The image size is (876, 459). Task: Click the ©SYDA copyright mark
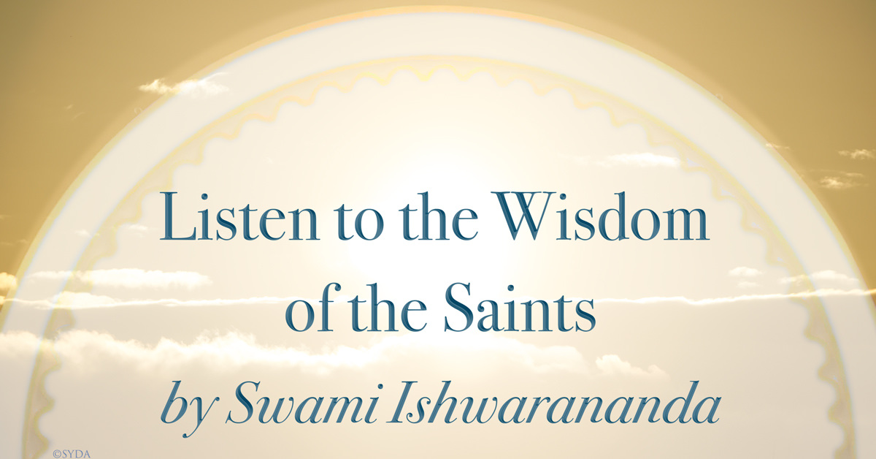(70, 453)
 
